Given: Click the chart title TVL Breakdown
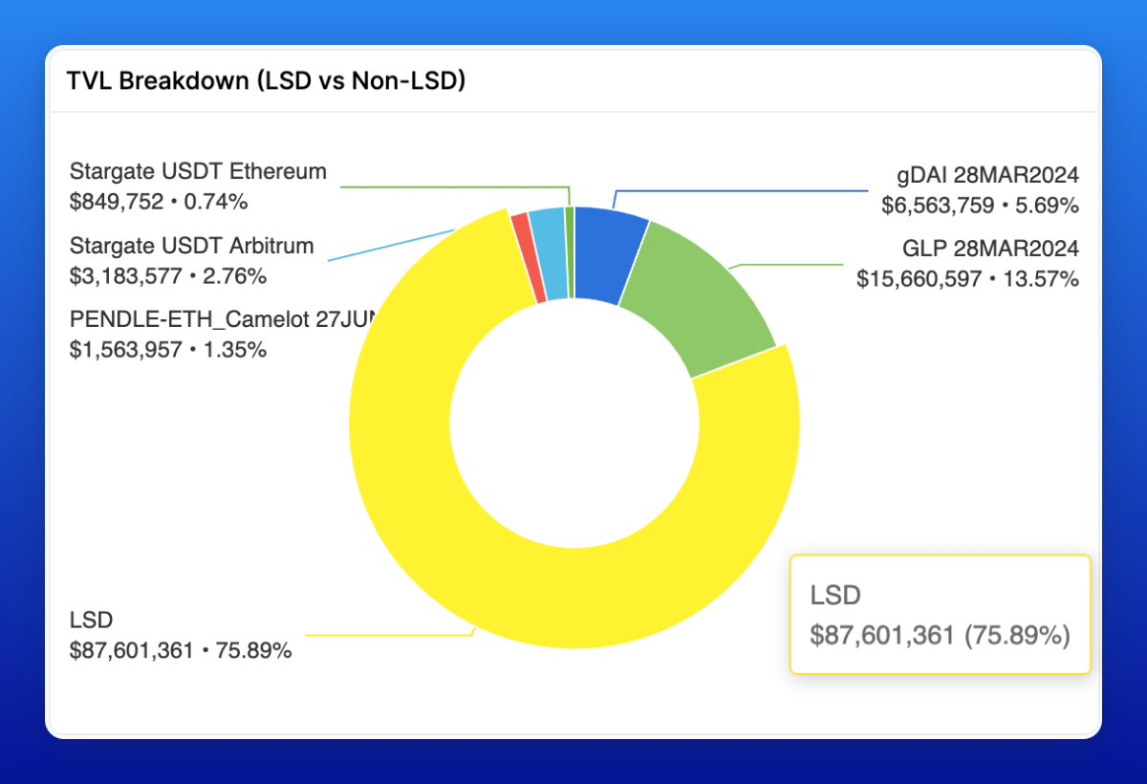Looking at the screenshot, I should tap(266, 81).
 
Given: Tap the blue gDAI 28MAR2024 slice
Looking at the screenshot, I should tap(607, 254).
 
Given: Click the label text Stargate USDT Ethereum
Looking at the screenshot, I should tap(198, 172).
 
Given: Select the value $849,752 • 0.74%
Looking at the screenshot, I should tap(159, 202).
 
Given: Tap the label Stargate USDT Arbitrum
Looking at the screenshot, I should tap(191, 246).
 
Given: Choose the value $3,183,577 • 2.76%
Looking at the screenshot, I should tap(168, 276).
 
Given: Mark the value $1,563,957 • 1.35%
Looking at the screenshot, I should tap(168, 349).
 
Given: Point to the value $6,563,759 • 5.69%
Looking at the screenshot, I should tap(980, 205).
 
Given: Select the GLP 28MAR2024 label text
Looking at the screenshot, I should tap(990, 250).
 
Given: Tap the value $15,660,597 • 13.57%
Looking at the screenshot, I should tap(967, 279).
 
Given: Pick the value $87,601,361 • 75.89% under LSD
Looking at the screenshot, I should tap(181, 651).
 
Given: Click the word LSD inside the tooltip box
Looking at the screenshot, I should tap(835, 596).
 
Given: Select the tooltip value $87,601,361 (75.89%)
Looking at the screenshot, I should tap(940, 635).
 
